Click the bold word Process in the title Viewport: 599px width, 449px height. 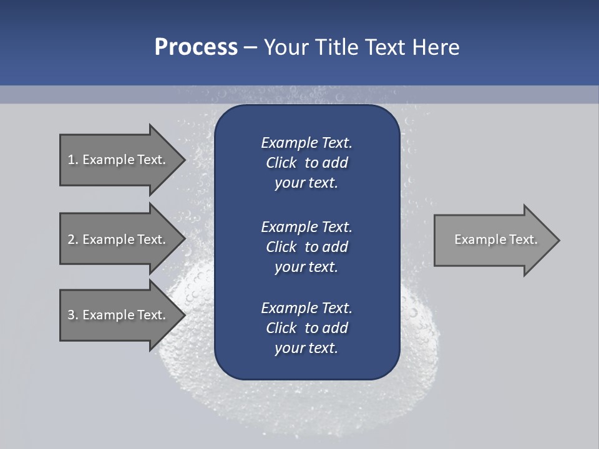[196, 47]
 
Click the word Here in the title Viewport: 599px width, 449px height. [436, 47]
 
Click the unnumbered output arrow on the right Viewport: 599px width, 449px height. [493, 240]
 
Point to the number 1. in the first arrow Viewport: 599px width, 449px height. [73, 160]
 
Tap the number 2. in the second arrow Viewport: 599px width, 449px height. [73, 239]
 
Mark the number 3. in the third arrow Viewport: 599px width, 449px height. [73, 315]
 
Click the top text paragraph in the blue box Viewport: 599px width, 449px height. [306, 163]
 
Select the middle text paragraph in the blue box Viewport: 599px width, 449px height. [306, 247]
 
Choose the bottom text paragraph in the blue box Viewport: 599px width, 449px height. [306, 328]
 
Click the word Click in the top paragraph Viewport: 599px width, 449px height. [281, 163]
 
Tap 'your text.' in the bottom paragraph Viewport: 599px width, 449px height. [306, 348]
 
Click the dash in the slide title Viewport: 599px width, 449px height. [250, 47]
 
